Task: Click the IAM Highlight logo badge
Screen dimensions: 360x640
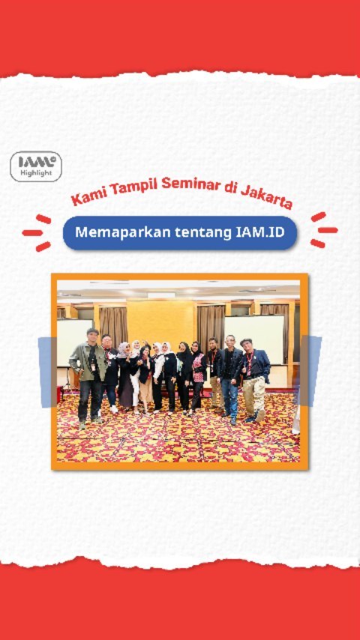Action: [36, 166]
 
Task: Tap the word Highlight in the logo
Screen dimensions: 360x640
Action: [36, 173]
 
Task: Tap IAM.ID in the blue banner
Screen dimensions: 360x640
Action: [260, 232]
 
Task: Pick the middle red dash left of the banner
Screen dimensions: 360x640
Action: [32, 232]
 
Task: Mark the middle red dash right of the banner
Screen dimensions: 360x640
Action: [328, 230]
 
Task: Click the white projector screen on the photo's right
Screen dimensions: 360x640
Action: [254, 339]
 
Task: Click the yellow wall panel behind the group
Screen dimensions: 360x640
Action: [161, 323]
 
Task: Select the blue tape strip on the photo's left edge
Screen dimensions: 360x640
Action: [47, 372]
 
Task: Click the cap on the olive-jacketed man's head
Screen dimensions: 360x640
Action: [93, 331]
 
